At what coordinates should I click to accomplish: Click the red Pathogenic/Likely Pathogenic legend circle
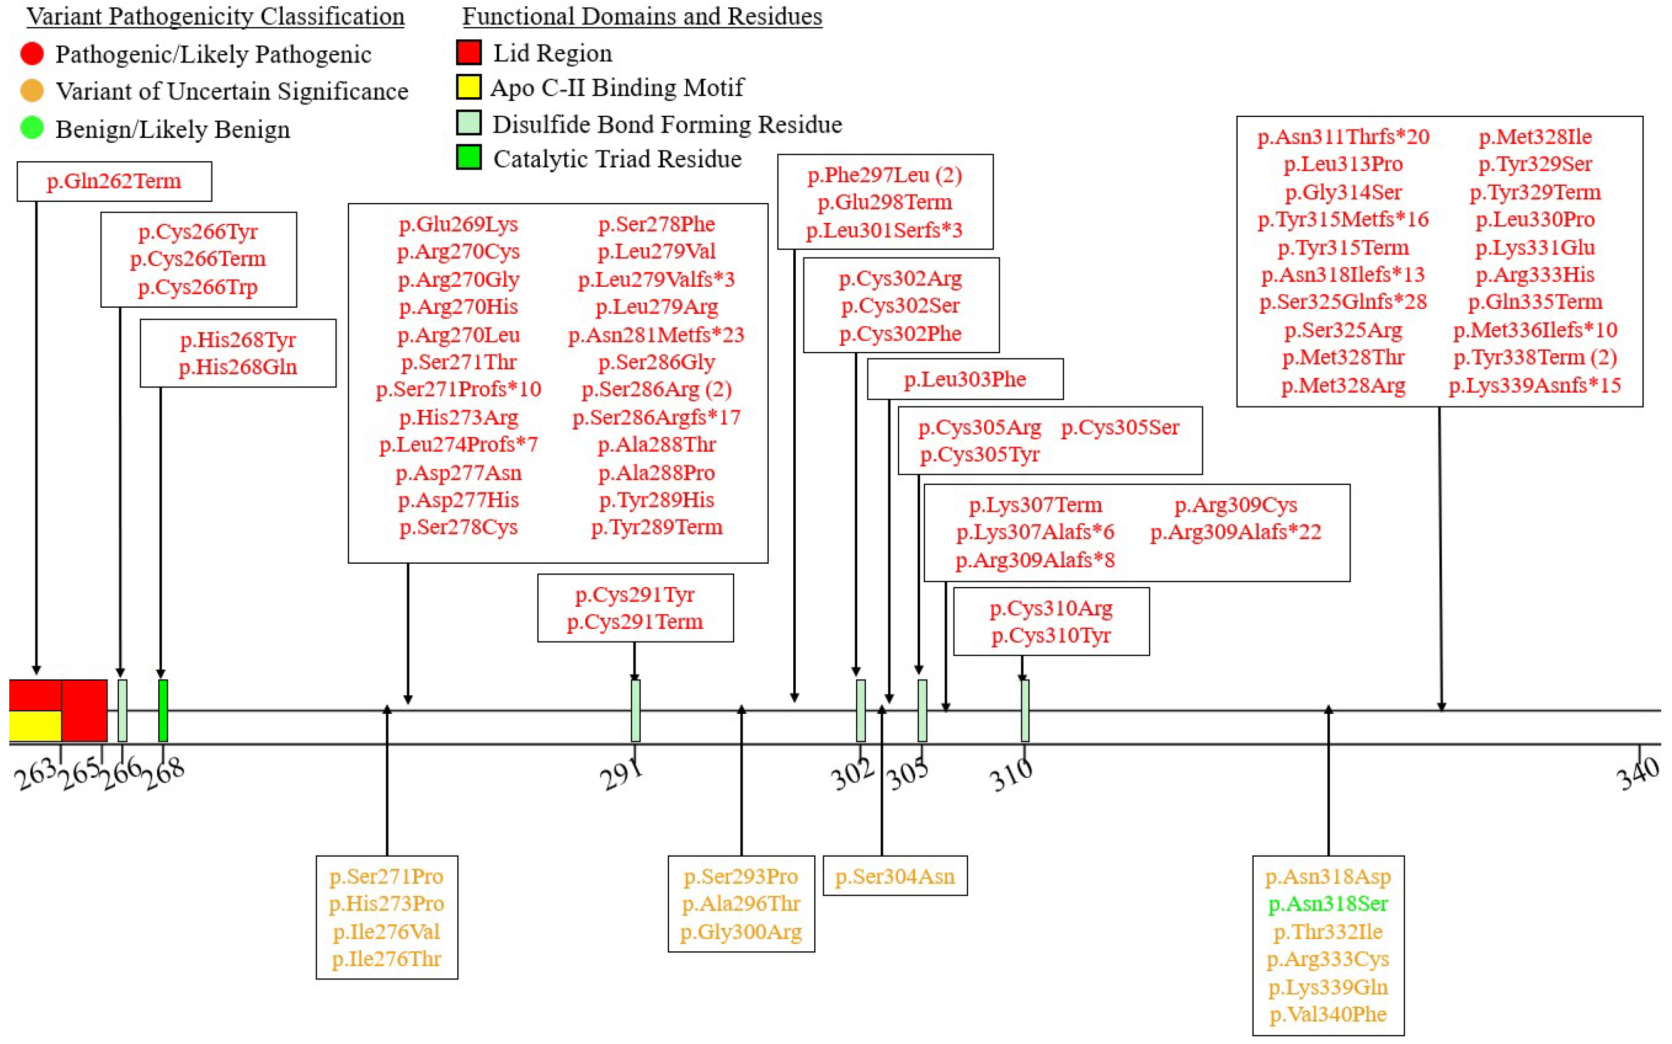pyautogui.click(x=32, y=53)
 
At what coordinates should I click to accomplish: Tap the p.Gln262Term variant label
pyautogui.click(x=114, y=181)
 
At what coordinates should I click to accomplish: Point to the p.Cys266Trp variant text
pyautogui.click(x=198, y=287)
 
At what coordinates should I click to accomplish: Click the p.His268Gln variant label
pyautogui.click(x=238, y=367)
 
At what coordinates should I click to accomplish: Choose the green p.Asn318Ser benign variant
pyautogui.click(x=1327, y=904)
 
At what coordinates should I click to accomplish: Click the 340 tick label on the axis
pyautogui.click(x=1638, y=773)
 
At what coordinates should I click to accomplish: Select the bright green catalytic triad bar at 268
pyautogui.click(x=163, y=711)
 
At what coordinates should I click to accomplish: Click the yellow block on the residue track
pyautogui.click(x=34, y=726)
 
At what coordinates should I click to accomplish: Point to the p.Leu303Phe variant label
pyautogui.click(x=965, y=379)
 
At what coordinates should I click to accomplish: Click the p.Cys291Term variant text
pyautogui.click(x=634, y=622)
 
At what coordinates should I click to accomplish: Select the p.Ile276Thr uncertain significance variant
pyautogui.click(x=386, y=959)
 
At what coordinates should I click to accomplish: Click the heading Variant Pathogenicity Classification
pyautogui.click(x=216, y=16)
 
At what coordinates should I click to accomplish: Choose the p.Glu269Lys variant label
pyautogui.click(x=458, y=224)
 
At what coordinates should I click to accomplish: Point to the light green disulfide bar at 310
pyautogui.click(x=1025, y=711)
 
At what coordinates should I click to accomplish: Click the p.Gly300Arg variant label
pyautogui.click(x=741, y=932)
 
